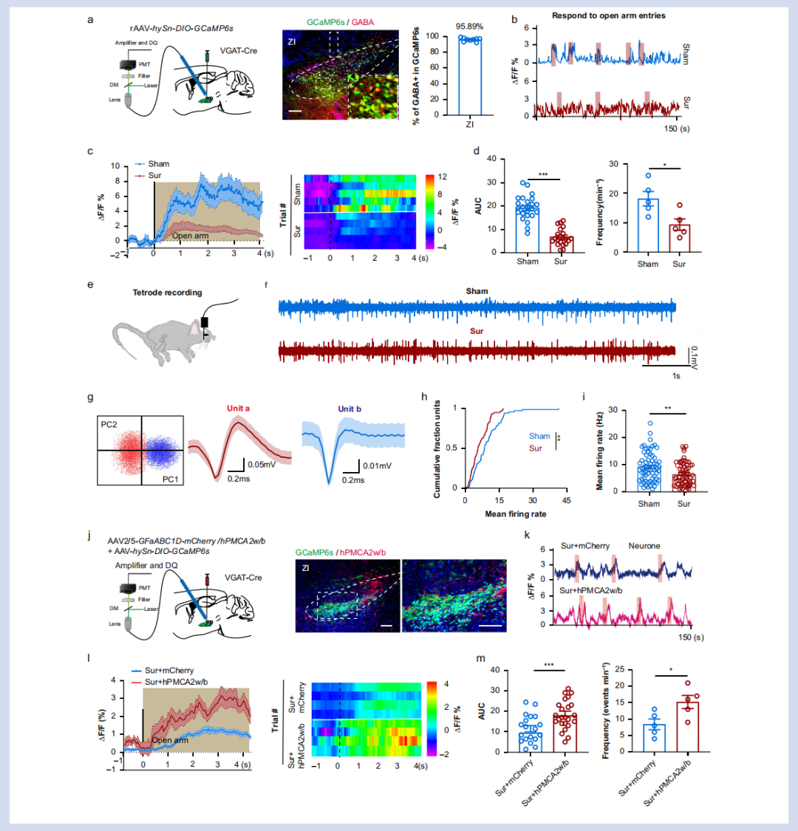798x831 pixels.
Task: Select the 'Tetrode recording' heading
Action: (167, 293)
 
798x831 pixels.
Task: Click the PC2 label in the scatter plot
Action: (111, 425)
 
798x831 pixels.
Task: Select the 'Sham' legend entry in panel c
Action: (158, 164)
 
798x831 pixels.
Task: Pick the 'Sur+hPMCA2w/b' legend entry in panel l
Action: (175, 682)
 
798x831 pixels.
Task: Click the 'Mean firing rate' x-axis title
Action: (515, 513)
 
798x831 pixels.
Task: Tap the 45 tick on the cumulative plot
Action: (565, 500)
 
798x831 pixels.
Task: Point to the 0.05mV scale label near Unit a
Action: (262, 465)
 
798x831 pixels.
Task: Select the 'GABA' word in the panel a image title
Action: (363, 22)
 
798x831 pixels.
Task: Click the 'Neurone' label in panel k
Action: (644, 546)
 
